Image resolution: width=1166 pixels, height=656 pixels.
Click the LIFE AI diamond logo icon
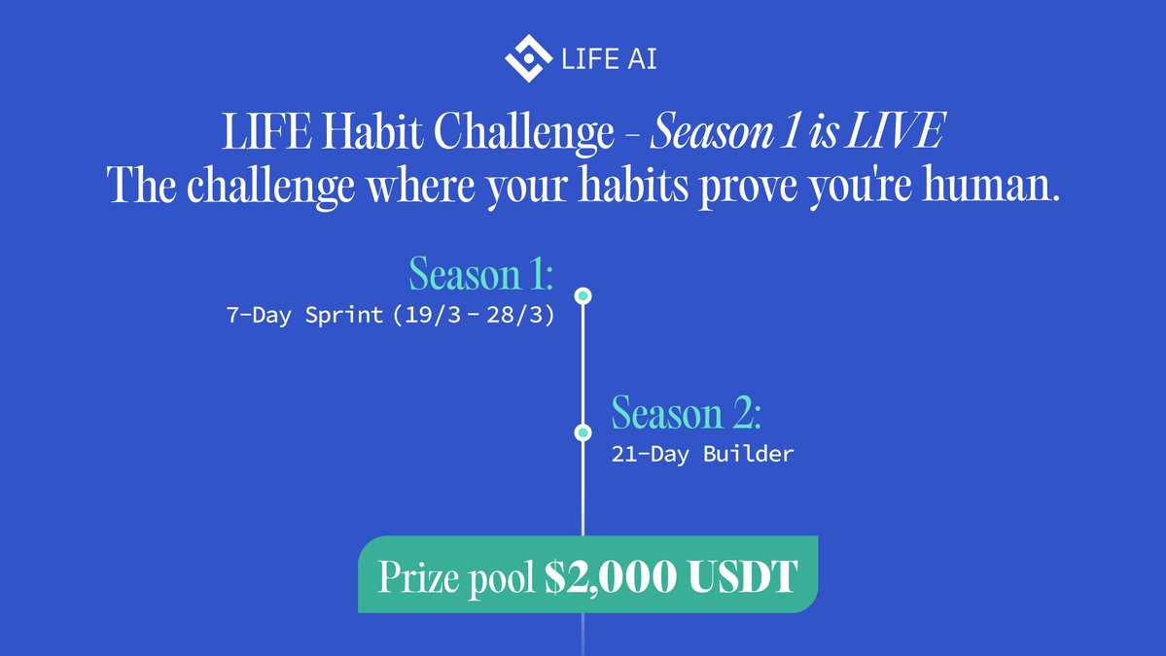[x=528, y=57]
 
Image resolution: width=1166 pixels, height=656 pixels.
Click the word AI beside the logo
[x=638, y=59]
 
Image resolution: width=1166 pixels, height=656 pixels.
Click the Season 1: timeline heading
[x=481, y=274]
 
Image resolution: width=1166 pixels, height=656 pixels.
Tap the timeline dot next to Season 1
[x=583, y=294]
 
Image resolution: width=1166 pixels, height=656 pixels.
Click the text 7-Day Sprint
[x=304, y=317]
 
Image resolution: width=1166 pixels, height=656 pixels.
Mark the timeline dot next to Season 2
[x=583, y=432]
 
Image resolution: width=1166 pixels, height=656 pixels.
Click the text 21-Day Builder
[x=702, y=454]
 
